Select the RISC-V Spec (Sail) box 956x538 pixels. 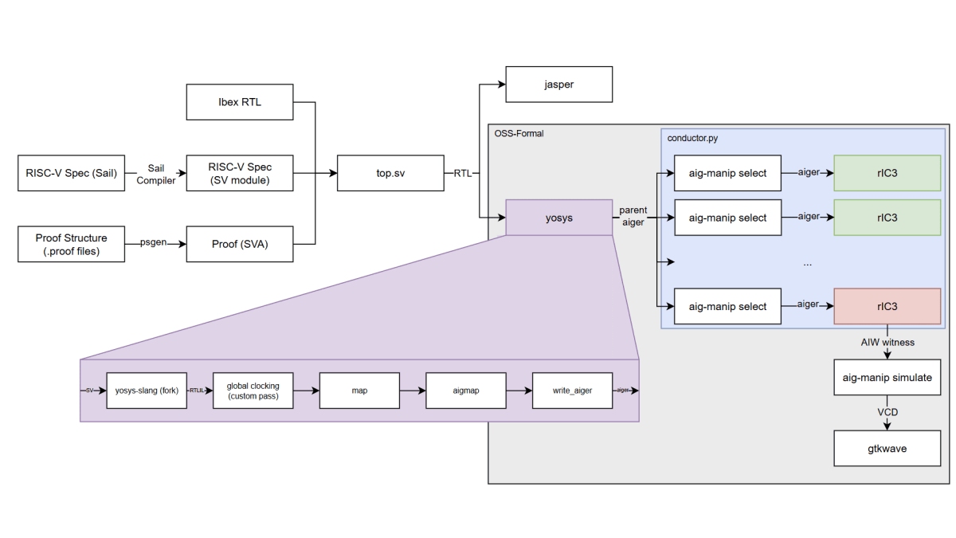71,173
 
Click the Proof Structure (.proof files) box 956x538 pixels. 71,244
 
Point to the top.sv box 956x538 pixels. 390,173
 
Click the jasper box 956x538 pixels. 559,84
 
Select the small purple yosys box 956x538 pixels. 558,217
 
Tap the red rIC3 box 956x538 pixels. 887,306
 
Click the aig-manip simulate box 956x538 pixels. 887,378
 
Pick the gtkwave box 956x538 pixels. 887,449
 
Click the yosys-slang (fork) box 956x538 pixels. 147,391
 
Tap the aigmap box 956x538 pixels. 465,391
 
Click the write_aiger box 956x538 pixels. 573,391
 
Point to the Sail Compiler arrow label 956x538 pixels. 155,173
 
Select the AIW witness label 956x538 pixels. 887,342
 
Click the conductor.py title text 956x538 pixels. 694,138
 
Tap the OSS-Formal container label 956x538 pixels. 519,133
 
